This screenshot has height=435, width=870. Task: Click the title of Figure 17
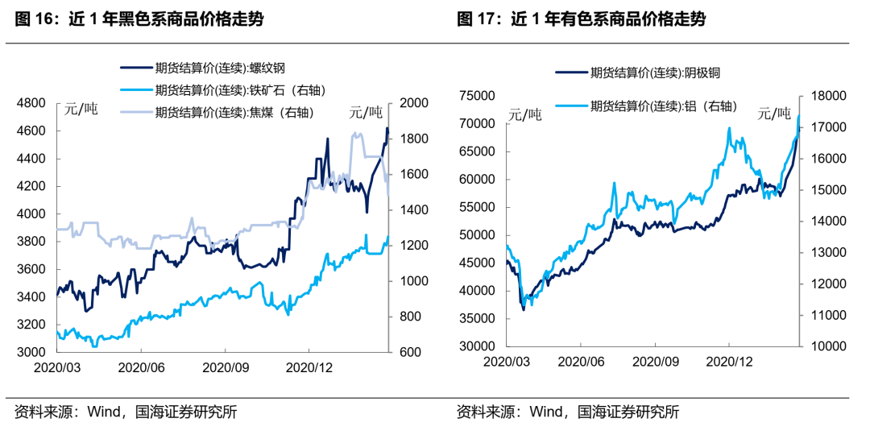[581, 19]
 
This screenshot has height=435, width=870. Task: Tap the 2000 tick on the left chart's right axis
[411, 103]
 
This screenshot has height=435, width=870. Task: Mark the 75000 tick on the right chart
[477, 96]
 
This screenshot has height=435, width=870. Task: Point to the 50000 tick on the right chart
[477, 235]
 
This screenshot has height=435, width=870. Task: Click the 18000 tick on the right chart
[825, 96]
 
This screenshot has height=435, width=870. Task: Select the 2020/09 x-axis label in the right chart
[655, 361]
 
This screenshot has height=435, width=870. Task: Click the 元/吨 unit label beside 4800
[80, 110]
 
